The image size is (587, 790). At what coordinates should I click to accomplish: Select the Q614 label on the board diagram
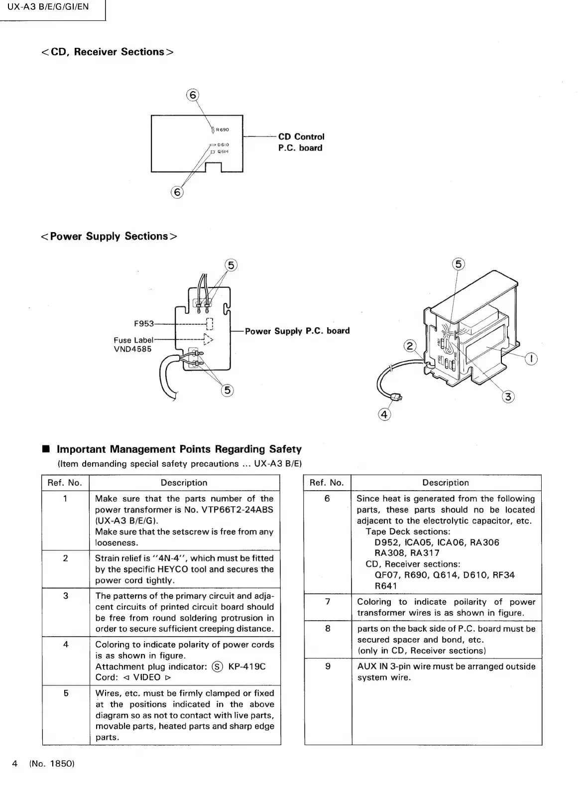pos(223,151)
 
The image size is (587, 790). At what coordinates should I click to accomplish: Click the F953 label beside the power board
pos(144,324)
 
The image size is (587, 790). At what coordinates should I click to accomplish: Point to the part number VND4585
pos(132,349)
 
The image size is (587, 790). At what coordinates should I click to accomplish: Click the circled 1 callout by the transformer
pos(532,359)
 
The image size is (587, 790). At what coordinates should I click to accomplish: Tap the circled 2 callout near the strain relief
pos(410,346)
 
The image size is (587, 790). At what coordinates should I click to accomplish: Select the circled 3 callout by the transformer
pos(508,396)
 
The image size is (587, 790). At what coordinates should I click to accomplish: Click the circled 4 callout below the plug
pos(384,414)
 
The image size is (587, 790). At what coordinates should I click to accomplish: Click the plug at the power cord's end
pos(397,397)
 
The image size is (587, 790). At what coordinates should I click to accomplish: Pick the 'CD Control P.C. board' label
pos(301,142)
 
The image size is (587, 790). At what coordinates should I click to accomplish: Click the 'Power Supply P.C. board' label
pos(297,331)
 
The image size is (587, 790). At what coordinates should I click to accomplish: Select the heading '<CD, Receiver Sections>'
pos(107,52)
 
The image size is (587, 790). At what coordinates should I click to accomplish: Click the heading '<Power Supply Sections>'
pos(109,236)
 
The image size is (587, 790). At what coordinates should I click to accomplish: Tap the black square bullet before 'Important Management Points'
pos(46,449)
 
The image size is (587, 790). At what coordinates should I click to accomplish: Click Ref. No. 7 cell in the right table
pos(328,602)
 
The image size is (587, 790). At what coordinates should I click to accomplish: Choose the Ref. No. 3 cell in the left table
pos(65,596)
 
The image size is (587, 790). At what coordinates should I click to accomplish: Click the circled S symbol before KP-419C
pos(217,666)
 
